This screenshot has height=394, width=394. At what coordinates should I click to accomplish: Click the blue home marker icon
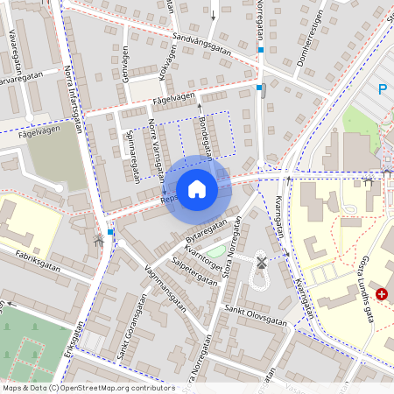197,189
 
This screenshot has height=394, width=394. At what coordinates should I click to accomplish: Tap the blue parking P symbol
383,88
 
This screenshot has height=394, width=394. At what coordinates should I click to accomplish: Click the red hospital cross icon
382,294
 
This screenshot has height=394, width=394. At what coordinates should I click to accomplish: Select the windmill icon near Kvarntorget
260,261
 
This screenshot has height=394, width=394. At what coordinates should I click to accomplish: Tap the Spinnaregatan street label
135,156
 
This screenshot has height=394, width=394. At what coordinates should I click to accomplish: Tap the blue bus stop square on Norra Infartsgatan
110,232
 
